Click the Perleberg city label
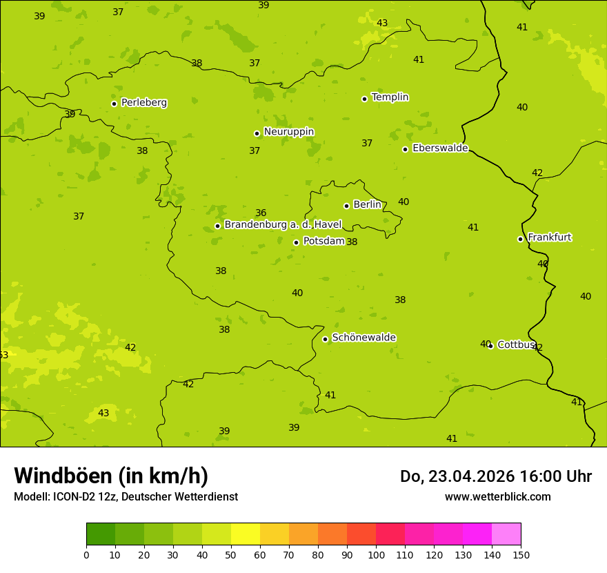pyautogui.click(x=143, y=103)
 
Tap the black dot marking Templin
pyautogui.click(x=364, y=99)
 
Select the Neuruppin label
pyautogui.click(x=288, y=132)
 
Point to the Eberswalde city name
pyautogui.click(x=440, y=148)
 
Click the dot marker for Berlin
pyautogui.click(x=346, y=206)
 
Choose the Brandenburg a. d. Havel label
pyautogui.click(x=283, y=225)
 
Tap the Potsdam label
pyautogui.click(x=324, y=241)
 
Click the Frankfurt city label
pyautogui.click(x=549, y=237)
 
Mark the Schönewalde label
pyautogui.click(x=364, y=338)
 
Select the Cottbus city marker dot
pyautogui.click(x=490, y=345)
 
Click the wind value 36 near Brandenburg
pyautogui.click(x=261, y=213)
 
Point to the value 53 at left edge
pyautogui.click(x=3, y=356)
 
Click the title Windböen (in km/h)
pyautogui.click(x=111, y=476)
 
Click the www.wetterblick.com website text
pyautogui.click(x=497, y=497)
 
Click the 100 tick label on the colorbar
pyautogui.click(x=376, y=554)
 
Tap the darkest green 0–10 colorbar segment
pyautogui.click(x=101, y=534)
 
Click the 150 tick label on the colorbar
pyautogui.click(x=521, y=554)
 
